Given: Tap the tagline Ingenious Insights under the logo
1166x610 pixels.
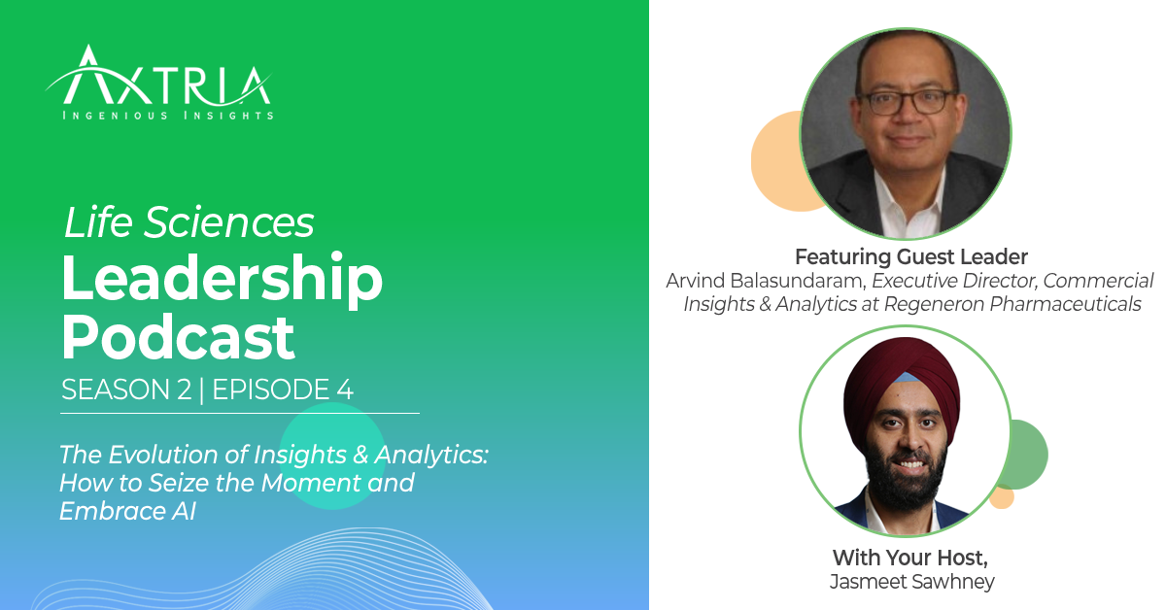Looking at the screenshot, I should point(167,116).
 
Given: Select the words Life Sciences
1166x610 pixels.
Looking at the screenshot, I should point(189,223).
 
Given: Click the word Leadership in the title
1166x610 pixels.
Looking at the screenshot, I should point(222,279).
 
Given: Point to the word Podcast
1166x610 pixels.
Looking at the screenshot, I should point(178,336).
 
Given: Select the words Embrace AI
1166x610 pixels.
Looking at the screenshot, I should point(127,511).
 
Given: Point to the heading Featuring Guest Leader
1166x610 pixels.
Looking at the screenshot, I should point(910,257).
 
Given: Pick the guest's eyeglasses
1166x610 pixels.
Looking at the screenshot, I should point(906,101).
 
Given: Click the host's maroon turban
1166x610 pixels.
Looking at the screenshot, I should point(904,374).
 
